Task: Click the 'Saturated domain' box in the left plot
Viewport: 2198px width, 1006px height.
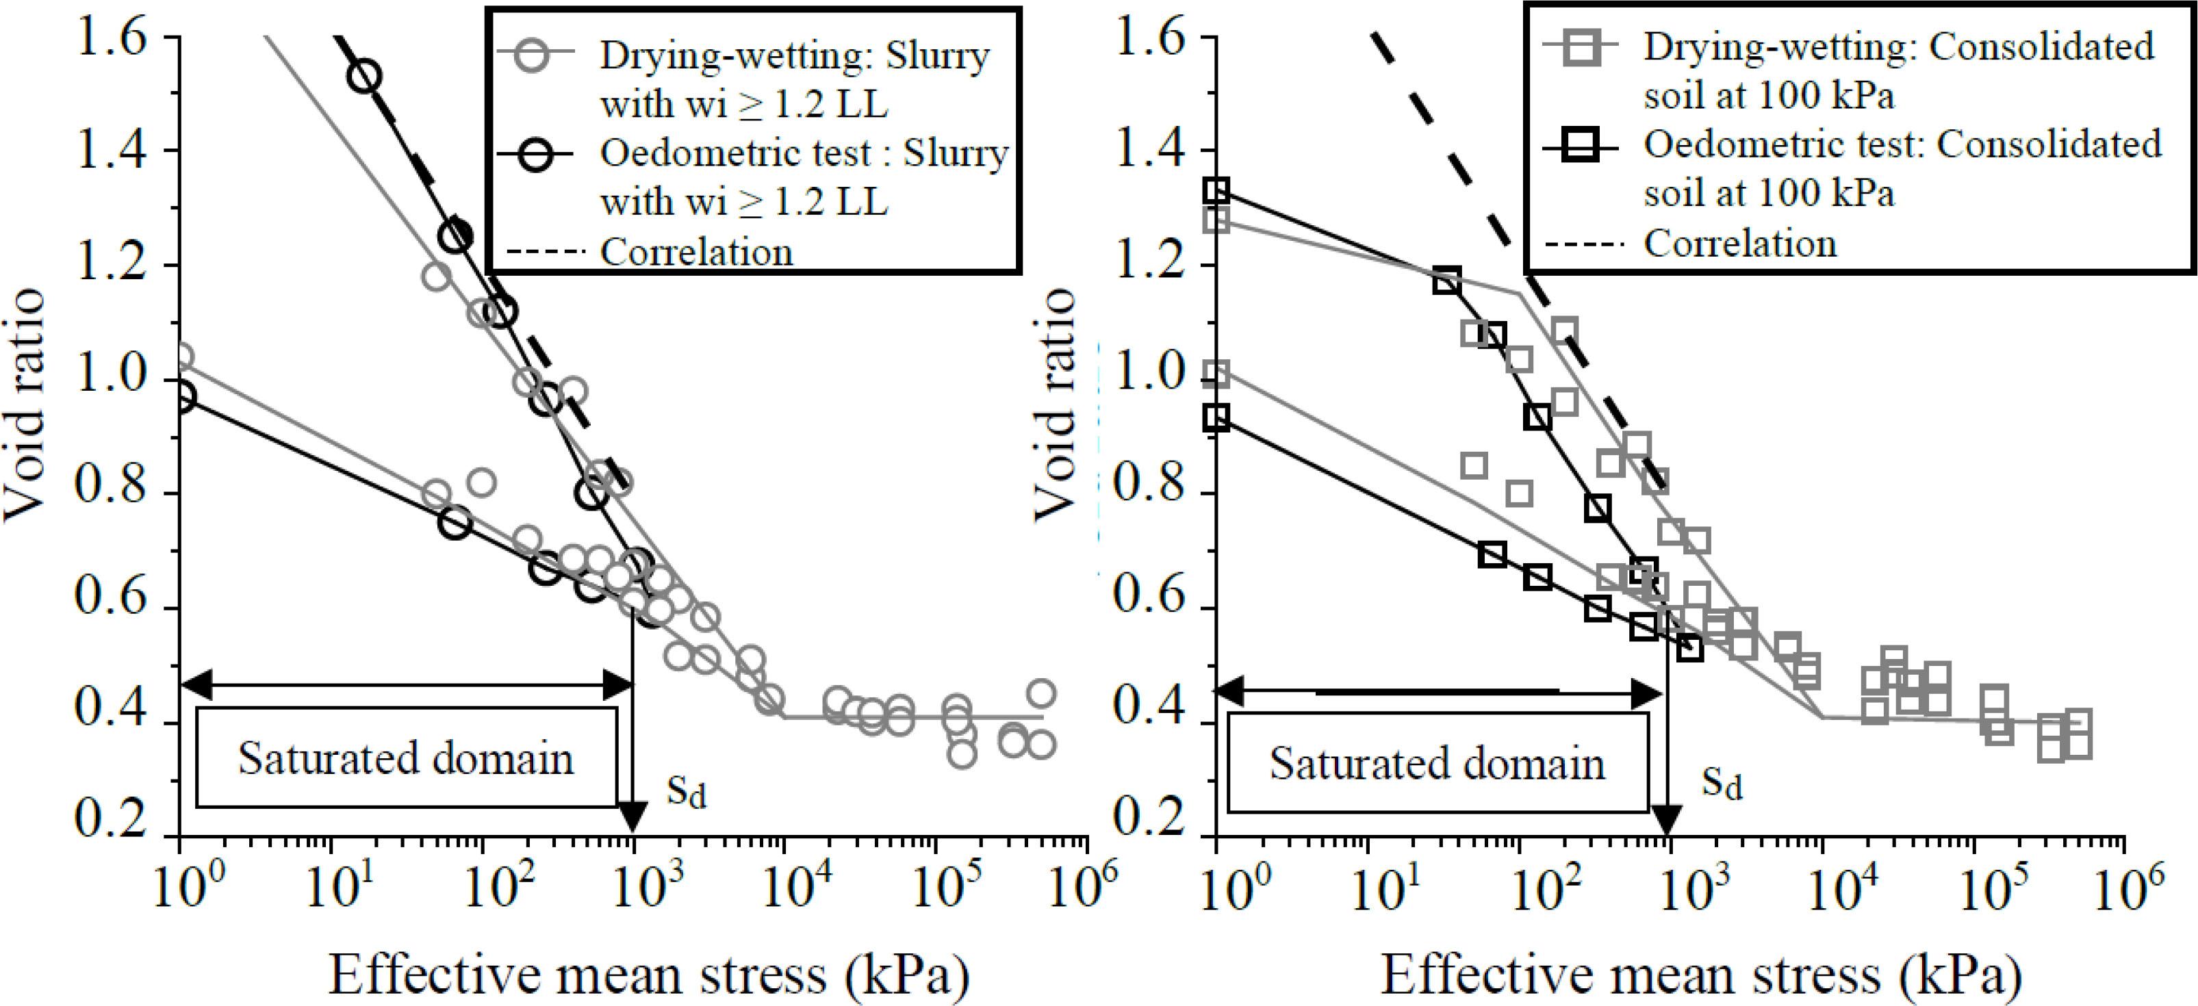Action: tap(406, 758)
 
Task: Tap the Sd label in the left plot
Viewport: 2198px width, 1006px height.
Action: tap(687, 792)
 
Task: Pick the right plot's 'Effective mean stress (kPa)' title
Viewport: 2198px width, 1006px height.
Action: tap(1700, 975)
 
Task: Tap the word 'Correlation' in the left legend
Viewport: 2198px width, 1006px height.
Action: tap(696, 253)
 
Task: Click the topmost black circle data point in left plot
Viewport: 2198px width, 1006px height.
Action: tap(364, 77)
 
